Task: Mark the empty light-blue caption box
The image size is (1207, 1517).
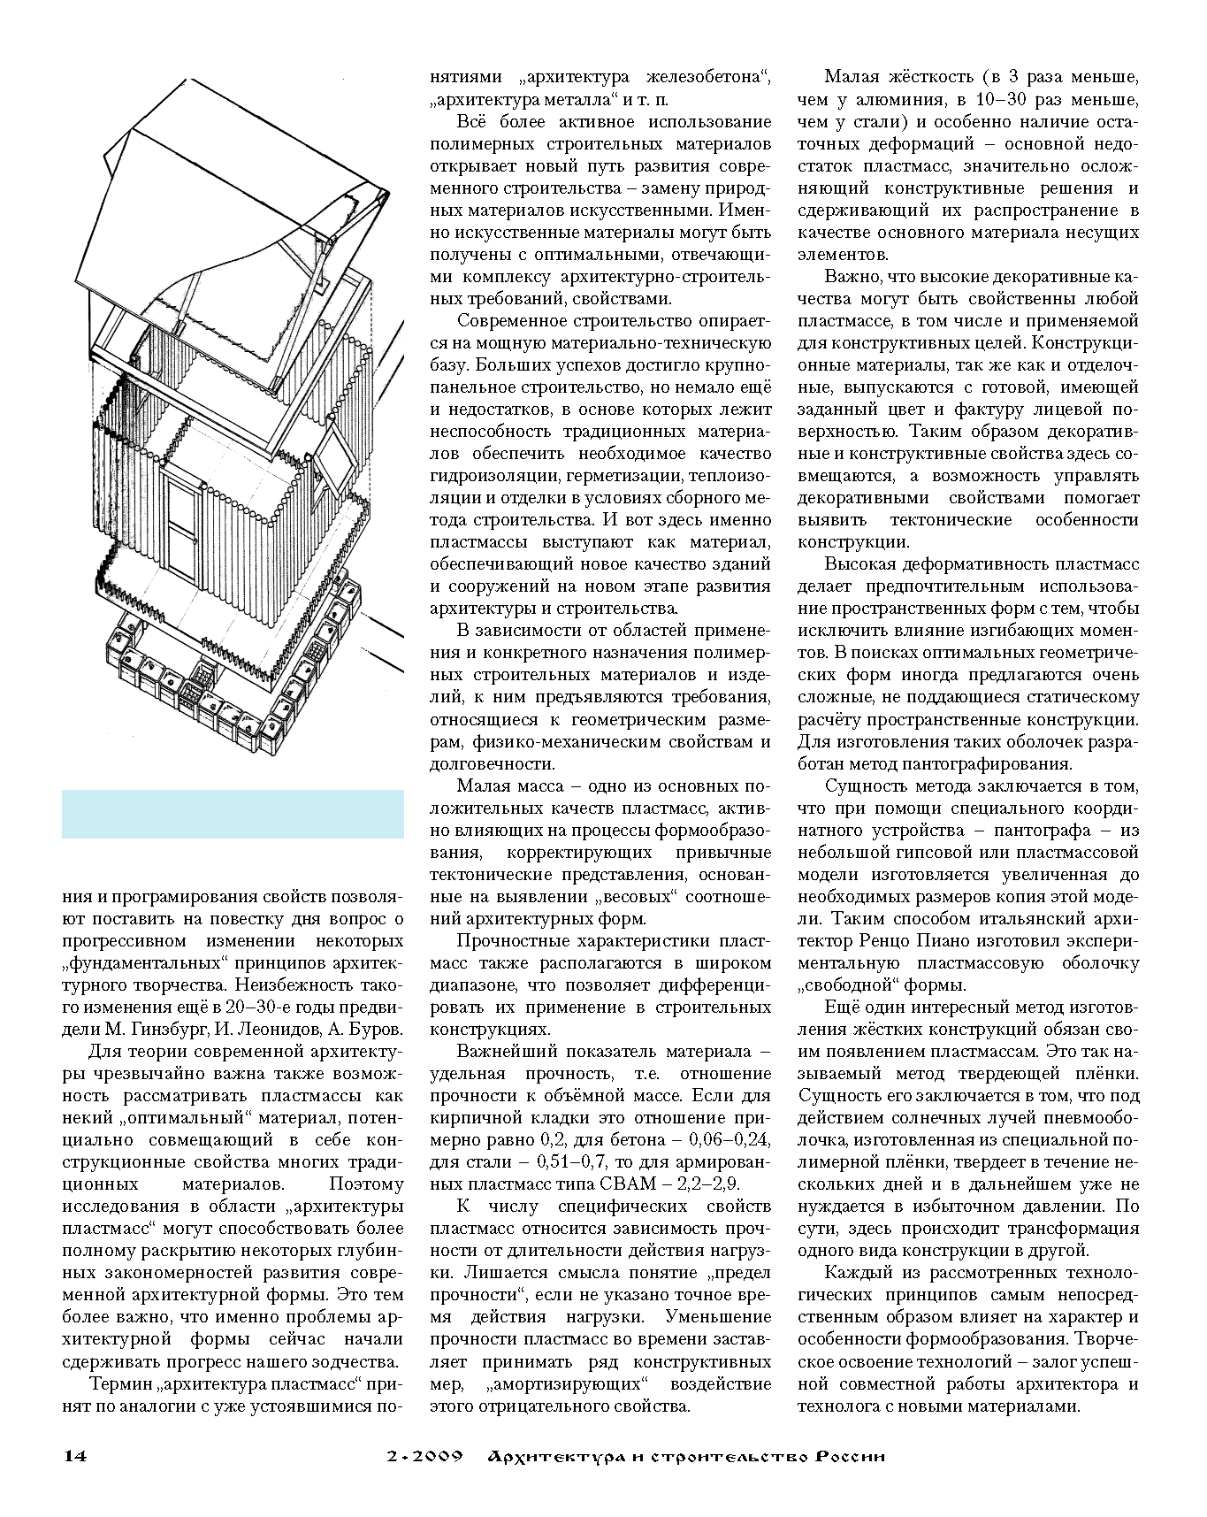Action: click(233, 814)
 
